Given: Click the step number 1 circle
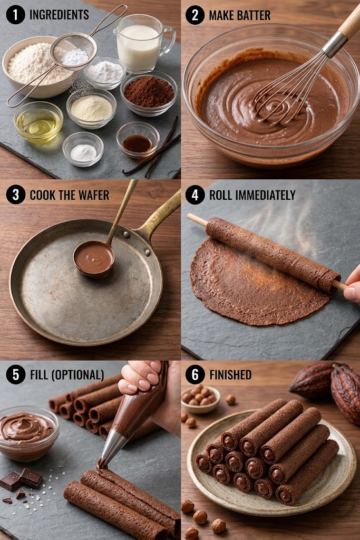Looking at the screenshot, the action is (16, 15).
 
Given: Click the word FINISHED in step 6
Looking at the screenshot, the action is (230, 375).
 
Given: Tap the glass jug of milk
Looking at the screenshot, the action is (143, 43).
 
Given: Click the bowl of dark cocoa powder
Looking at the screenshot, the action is (149, 92).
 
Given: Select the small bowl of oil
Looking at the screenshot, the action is (38, 122).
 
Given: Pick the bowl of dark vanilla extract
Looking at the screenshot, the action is (138, 139).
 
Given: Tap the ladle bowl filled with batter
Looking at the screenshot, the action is (94, 259).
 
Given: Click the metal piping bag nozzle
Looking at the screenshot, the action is (112, 448).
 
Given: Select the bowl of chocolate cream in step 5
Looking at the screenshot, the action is (27, 433).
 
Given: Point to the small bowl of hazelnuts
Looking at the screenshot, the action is (200, 399).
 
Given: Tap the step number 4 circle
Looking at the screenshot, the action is (195, 195).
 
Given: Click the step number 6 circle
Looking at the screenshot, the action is (195, 375).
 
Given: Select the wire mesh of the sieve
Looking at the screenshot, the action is (74, 52).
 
